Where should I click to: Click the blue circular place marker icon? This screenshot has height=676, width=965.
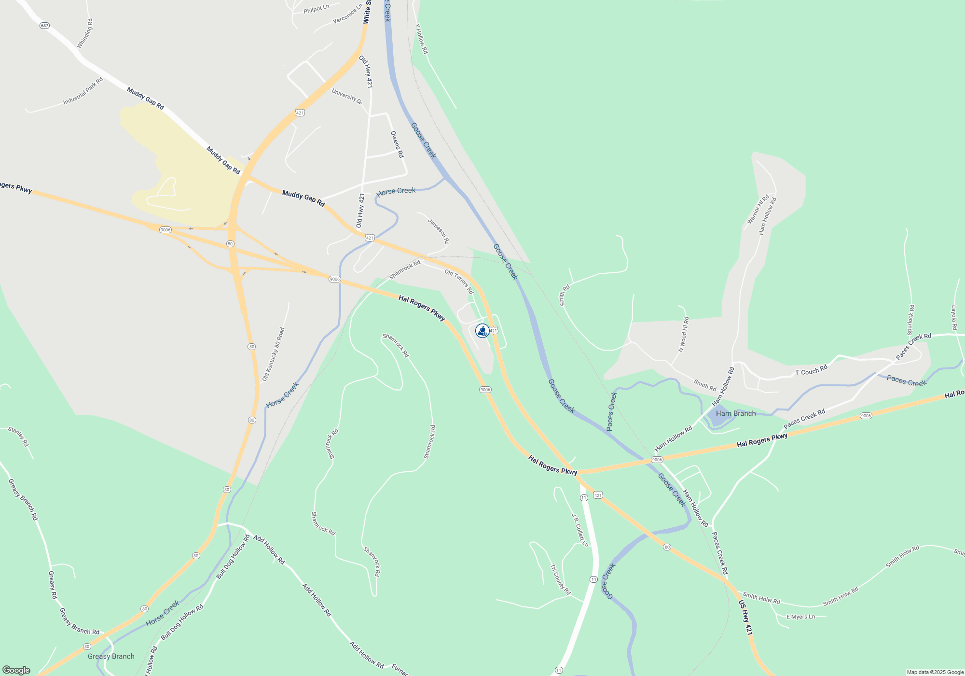coord(482,331)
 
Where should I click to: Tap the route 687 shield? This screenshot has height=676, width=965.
coord(44,26)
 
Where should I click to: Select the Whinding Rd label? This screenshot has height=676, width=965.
coord(84,34)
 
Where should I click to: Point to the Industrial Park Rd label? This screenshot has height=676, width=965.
coord(83,91)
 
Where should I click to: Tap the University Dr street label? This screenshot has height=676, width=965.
coord(347,96)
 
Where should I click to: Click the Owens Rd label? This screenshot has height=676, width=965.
coord(397,144)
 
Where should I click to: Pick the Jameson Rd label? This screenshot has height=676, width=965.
coord(439,231)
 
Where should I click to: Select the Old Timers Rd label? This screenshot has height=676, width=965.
coord(459,282)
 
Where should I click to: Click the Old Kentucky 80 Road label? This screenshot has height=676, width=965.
coord(274,354)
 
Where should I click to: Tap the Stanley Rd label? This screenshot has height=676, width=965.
coord(18,437)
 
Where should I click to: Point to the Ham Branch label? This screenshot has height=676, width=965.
coord(736,413)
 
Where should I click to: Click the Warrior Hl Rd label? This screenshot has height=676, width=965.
coord(758,210)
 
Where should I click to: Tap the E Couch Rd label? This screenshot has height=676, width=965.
coord(812,370)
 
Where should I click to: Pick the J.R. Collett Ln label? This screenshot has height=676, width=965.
coord(580,530)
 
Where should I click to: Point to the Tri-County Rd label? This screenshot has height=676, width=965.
coord(560,579)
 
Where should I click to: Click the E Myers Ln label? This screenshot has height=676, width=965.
coord(800,617)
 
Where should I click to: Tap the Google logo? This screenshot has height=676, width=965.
coord(16,670)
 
